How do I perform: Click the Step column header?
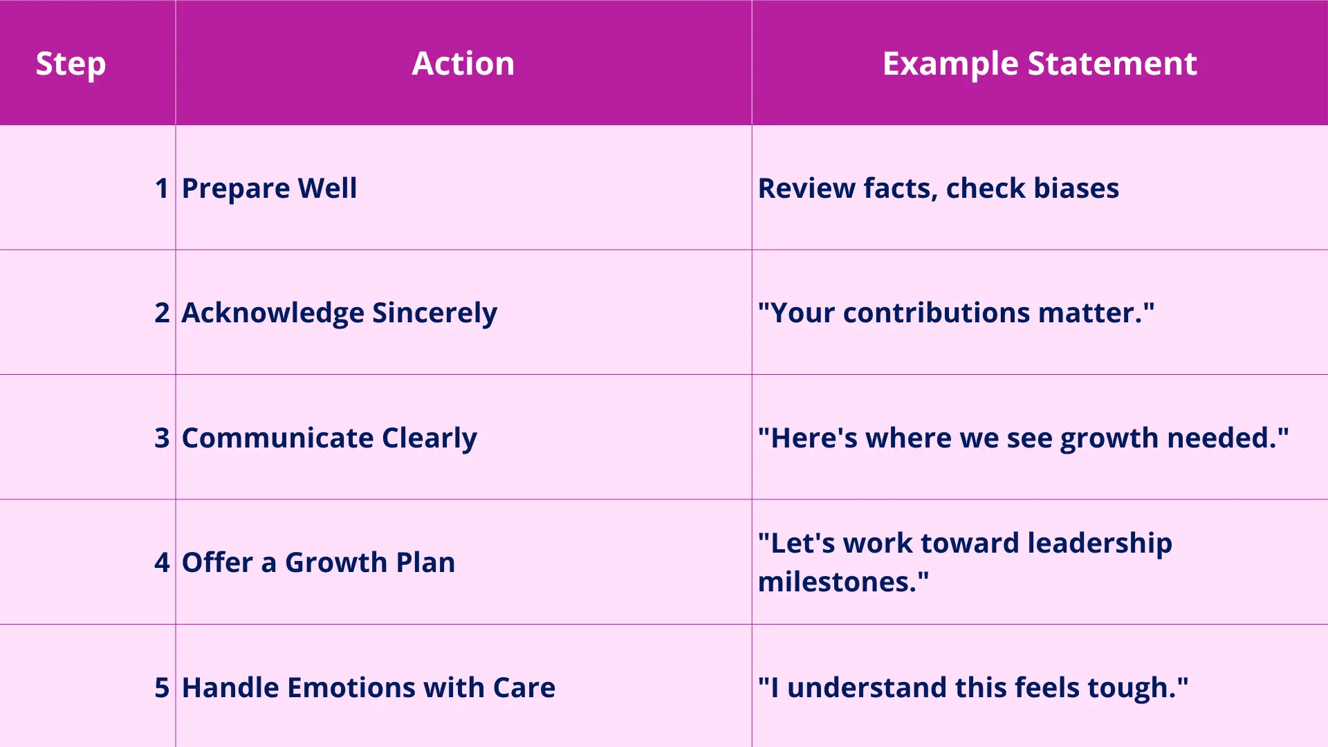coord(71,64)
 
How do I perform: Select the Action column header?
coord(463,64)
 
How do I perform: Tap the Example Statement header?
coord(1040,64)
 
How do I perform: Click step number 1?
coord(162,188)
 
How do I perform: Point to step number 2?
coord(162,313)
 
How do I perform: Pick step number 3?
coord(162,438)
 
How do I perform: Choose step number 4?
coord(162,562)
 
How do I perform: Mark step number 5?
coord(162,688)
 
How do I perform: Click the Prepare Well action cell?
coord(269,189)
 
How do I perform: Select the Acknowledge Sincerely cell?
coord(339,313)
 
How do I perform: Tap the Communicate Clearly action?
coord(329,439)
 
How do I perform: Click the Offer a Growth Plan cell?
coord(318,562)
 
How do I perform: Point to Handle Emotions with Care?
coord(369,688)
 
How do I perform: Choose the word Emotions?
coord(351,688)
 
